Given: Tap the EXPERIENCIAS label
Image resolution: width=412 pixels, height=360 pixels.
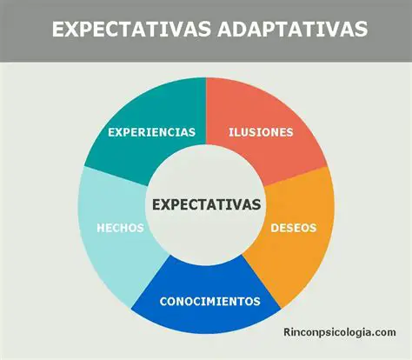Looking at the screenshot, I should click(151, 133).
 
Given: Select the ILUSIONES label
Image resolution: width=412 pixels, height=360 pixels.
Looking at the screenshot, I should click(261, 133).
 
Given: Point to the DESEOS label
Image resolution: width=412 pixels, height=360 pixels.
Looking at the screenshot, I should click(294, 229).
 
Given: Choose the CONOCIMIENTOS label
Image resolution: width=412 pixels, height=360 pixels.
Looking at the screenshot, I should click(209, 302).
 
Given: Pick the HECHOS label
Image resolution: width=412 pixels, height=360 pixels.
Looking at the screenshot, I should click(120, 228).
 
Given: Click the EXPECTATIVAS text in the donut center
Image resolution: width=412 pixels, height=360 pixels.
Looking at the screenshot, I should click(206, 204).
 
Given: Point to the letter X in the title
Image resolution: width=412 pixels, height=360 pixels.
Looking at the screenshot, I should click(72, 29).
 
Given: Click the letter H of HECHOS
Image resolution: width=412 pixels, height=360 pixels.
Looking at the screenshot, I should click(101, 228).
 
